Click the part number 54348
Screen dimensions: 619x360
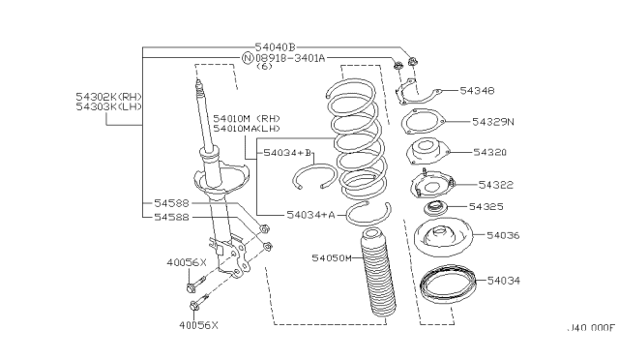477,91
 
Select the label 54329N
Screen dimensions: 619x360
493,122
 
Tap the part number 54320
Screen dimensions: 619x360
489,152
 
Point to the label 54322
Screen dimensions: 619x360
495,185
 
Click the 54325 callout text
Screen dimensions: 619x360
486,206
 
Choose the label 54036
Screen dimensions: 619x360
503,235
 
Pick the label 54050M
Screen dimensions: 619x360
331,258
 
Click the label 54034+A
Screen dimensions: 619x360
310,215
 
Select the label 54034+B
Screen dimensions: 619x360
287,153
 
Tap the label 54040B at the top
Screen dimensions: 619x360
275,47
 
